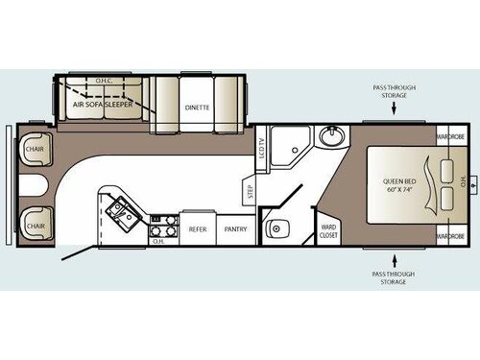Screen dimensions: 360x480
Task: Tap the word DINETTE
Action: click(x=198, y=108)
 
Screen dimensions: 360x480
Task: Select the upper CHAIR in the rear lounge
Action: click(x=36, y=150)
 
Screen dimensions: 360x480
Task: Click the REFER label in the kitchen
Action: click(x=198, y=229)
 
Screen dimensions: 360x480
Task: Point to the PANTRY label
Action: click(x=235, y=229)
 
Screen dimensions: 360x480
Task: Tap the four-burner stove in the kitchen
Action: click(x=162, y=228)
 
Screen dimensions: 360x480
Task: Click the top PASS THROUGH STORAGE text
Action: click(x=395, y=91)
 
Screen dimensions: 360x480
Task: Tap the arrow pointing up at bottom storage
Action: click(x=395, y=258)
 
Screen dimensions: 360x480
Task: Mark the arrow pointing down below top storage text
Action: click(x=395, y=108)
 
